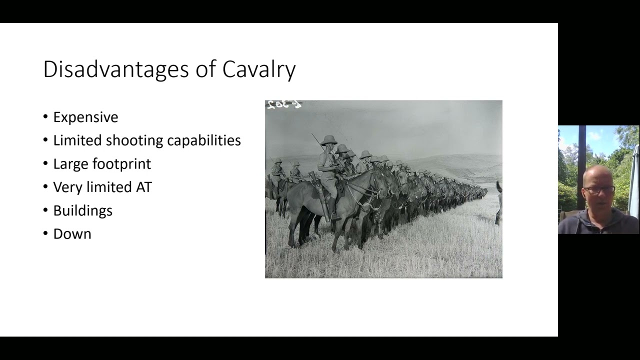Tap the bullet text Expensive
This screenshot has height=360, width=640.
coord(85,117)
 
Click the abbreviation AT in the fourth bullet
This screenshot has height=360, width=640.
coord(143,187)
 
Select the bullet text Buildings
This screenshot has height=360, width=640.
coord(82,210)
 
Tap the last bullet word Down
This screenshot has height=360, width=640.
coord(72,234)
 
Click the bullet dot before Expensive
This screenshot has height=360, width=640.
coord(46,117)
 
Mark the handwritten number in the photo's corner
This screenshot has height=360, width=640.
coord(283,104)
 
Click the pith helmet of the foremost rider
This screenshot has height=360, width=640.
coord(328,140)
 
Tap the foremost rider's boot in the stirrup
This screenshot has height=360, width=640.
coord(334,215)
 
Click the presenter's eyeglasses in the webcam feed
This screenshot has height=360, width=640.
coord(598,190)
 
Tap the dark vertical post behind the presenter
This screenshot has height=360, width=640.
coord(581,165)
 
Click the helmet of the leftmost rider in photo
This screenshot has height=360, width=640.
coord(277,161)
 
